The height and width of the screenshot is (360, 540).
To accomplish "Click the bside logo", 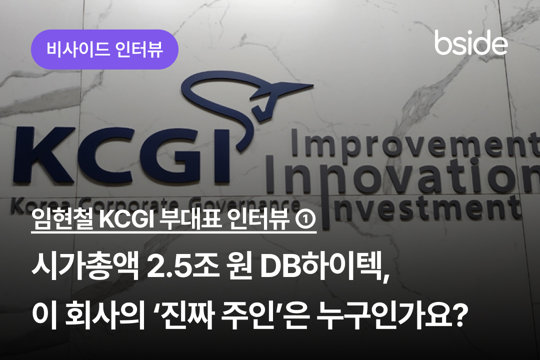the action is point(471,42).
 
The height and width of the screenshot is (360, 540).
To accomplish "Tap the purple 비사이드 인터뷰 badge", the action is point(104,49).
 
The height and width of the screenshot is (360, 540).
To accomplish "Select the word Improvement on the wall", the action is point(415,143).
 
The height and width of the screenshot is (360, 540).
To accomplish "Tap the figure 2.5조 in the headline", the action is point(183,267).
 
